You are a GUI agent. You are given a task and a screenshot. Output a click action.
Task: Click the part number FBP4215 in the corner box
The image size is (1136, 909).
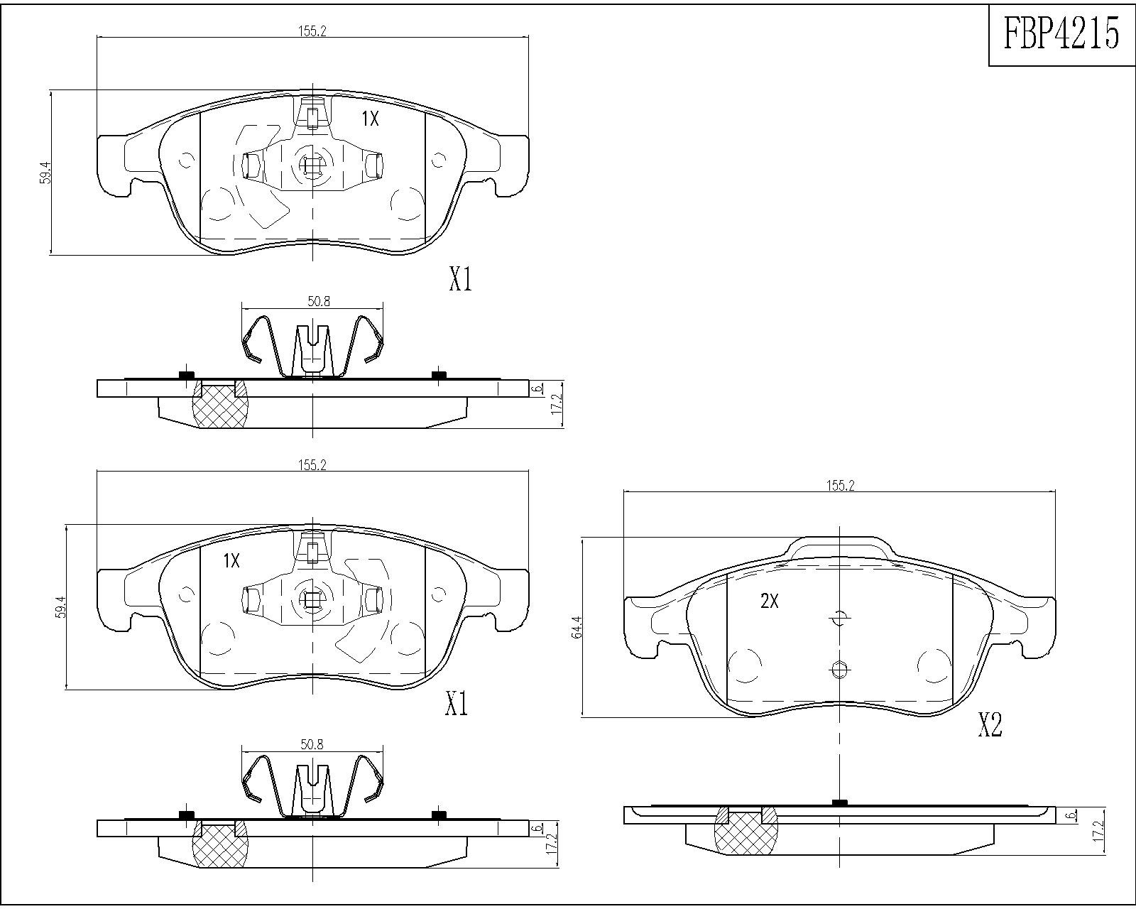tap(1061, 33)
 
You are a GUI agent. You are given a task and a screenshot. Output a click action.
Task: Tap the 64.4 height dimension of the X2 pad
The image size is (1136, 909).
tap(577, 627)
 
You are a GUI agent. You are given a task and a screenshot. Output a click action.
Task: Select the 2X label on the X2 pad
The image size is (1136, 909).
tap(769, 601)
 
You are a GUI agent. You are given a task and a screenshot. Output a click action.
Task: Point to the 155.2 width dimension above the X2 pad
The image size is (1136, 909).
tap(840, 486)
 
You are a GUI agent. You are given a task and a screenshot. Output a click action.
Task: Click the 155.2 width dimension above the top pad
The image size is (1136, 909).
tap(312, 31)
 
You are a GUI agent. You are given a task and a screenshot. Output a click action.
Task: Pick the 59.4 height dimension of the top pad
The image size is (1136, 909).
tap(46, 172)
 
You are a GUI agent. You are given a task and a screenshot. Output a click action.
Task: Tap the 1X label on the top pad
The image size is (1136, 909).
tap(370, 119)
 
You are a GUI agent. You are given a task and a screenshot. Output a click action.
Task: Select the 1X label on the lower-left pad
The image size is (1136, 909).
tap(231, 561)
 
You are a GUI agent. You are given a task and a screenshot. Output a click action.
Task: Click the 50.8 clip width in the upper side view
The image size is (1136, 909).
tap(319, 302)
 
